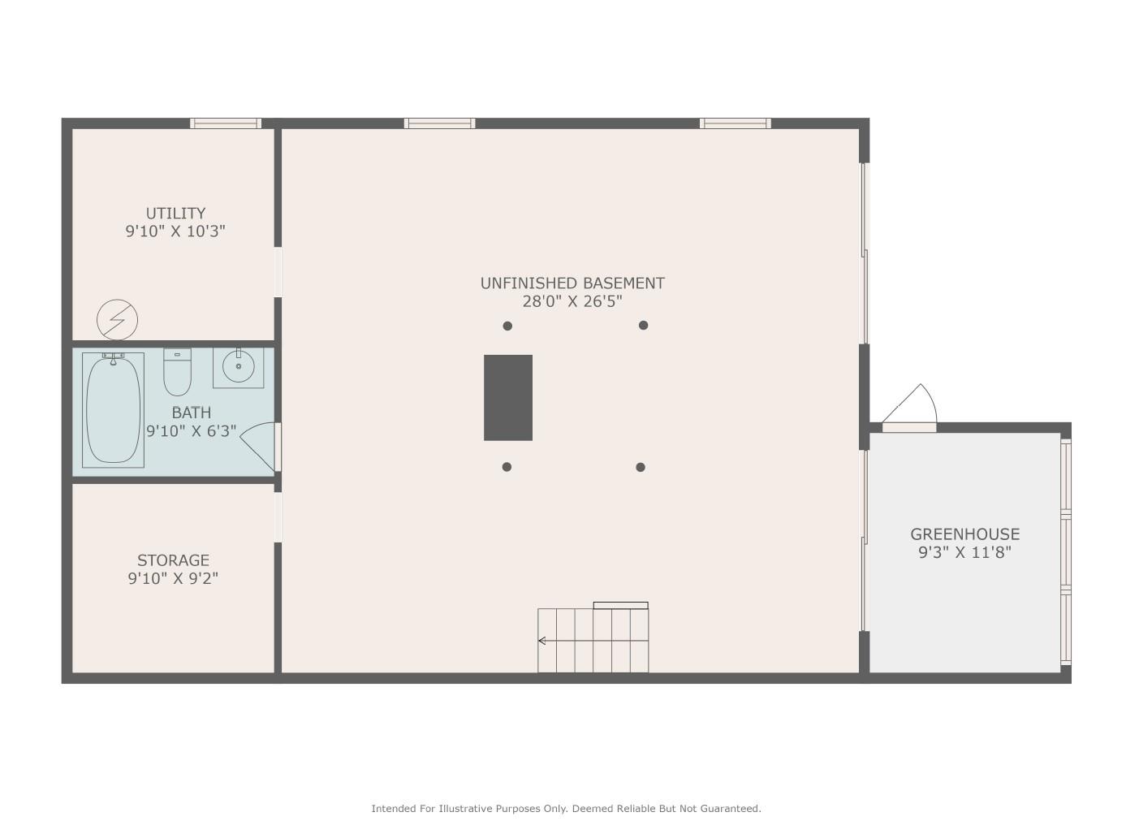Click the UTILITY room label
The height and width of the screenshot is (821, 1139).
point(175,213)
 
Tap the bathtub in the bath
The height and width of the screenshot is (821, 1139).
point(113,410)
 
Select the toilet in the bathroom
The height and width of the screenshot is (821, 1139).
point(177,372)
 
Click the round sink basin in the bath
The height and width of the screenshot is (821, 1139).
point(238,365)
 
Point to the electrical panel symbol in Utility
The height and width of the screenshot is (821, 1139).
point(117,319)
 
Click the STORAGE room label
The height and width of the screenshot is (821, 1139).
point(173,560)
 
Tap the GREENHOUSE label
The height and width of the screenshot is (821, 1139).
point(964,534)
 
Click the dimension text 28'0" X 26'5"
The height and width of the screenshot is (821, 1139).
point(572,301)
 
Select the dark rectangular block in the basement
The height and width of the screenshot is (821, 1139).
point(508,398)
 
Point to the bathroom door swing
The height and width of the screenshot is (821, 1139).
point(258,447)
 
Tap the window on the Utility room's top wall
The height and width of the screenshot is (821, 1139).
point(226,123)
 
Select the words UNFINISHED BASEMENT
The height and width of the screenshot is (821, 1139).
point(572,283)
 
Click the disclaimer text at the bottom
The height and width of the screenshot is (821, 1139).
point(566,808)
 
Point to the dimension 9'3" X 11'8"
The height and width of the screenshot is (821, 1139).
point(964,552)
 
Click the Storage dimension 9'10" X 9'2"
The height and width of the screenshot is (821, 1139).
point(173,578)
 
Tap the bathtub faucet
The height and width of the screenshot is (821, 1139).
point(114,358)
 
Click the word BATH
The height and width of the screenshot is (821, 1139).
point(192,413)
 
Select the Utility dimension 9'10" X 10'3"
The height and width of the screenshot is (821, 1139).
point(175,231)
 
